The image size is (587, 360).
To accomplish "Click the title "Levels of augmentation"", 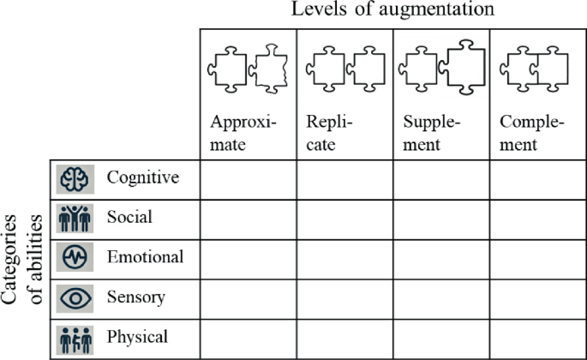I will point(392,10).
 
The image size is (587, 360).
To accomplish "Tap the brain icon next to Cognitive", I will point(74,179).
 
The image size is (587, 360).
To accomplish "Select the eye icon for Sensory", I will point(74,297).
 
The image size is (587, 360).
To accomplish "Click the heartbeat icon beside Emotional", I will point(74,258).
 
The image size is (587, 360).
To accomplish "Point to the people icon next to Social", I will point(74,219).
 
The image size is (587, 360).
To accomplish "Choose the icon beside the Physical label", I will point(74,338).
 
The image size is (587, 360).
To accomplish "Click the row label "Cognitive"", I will point(142,177).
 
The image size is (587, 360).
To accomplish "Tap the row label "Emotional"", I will point(145,257).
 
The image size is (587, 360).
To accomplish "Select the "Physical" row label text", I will point(137,337).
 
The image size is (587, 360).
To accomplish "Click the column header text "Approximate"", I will point(238,132).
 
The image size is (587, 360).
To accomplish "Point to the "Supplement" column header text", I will point(432,132).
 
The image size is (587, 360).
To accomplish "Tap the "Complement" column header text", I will point(531,132).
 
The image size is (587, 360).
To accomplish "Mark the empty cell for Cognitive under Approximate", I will point(248,179).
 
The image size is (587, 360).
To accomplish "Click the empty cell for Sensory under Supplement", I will point(441,298).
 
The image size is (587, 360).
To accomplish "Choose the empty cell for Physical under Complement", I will point(538,339).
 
